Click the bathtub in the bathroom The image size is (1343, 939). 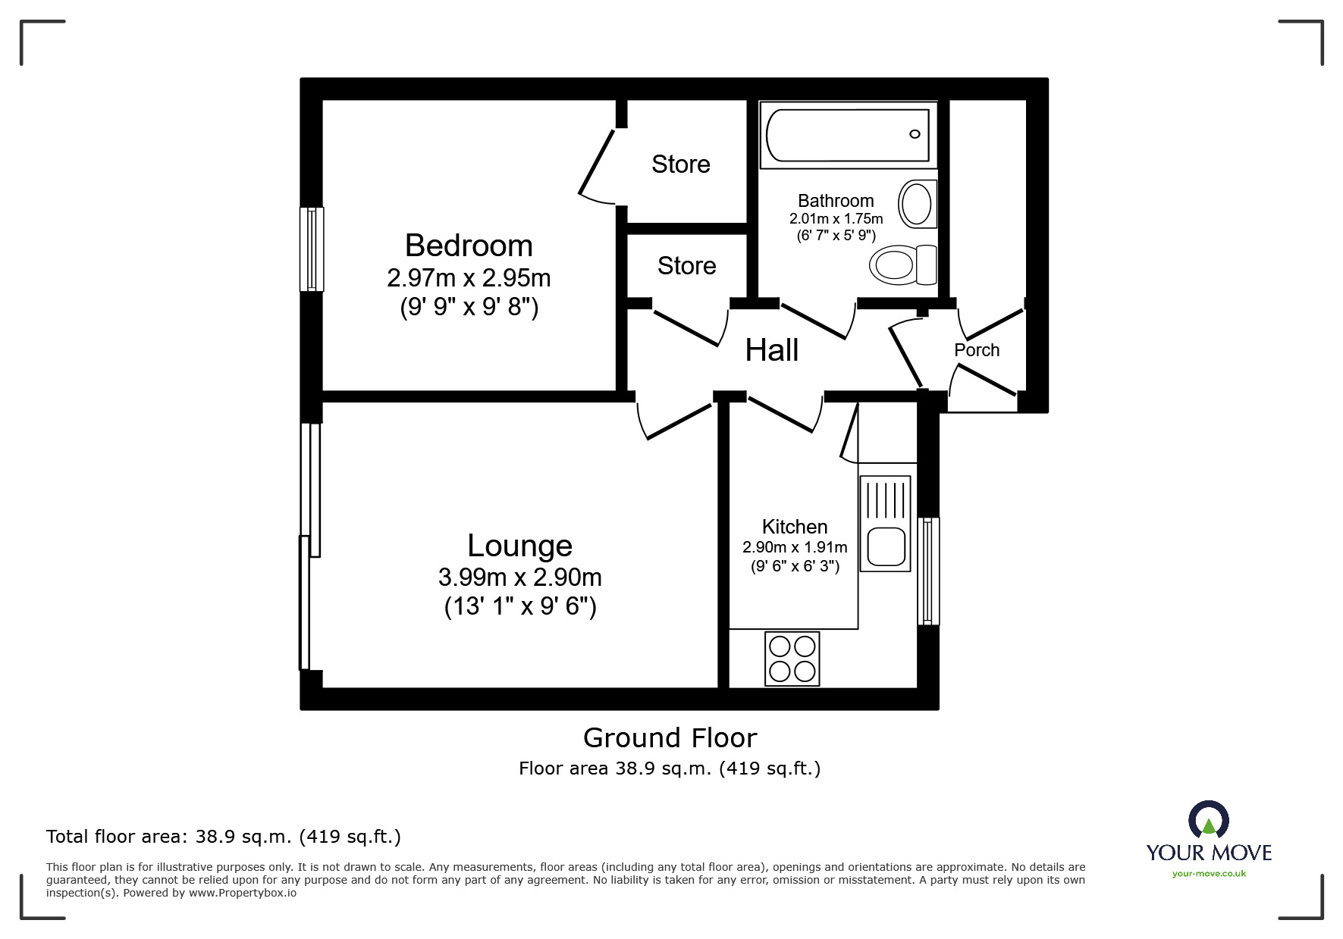coord(848,135)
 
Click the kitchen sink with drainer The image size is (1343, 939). coord(885,523)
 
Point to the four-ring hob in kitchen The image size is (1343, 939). coord(792,659)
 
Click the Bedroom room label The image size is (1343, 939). coord(469,246)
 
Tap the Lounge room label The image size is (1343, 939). coord(519,546)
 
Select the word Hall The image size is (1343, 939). coord(771,350)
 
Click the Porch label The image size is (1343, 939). coord(977,350)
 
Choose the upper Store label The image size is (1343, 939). coord(680,164)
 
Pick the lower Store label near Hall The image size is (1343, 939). coord(686,266)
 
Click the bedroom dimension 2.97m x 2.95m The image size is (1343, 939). coord(469,278)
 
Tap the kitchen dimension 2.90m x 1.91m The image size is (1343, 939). coord(795,547)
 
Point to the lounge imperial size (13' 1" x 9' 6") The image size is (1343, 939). coord(520,606)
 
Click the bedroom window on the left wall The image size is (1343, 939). coord(312,249)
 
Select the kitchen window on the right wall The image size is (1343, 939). coord(928,571)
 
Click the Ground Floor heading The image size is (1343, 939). coord(670,737)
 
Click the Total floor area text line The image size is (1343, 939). coord(224,837)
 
